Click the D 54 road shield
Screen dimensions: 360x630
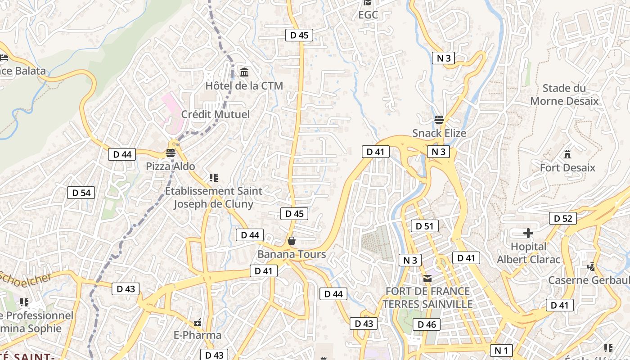coord(81,193)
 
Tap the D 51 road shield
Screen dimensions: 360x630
coord(424,226)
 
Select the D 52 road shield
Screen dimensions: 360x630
coord(562,219)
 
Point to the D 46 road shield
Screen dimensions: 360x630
coord(427,324)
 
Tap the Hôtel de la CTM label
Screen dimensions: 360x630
coord(244,85)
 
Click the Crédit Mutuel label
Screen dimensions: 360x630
coord(215,114)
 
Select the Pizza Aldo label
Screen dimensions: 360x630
coord(171,166)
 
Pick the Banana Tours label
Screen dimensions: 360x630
coord(292,254)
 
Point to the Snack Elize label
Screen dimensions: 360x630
coord(439,133)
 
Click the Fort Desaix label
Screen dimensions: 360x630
coord(567,168)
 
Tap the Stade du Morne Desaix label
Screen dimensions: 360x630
coord(564,94)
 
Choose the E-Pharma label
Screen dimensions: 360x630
coord(198,335)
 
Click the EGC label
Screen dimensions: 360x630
coord(368,15)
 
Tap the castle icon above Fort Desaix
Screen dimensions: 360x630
coord(567,154)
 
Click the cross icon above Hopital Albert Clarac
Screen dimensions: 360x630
coord(528,233)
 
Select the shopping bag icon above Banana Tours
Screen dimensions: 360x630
coord(292,241)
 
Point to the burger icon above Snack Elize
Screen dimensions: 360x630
coord(439,120)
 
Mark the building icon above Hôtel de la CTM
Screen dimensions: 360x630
coord(244,72)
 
